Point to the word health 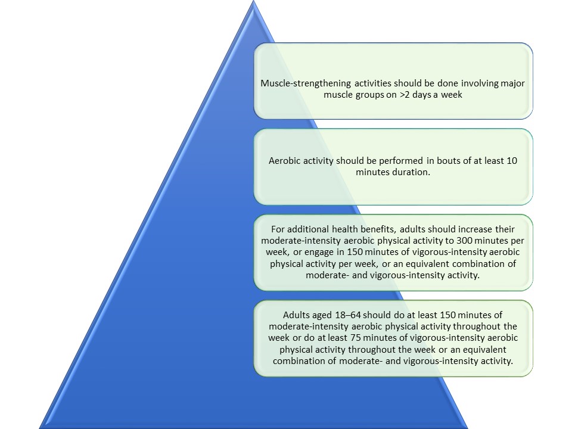(x=347, y=229)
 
